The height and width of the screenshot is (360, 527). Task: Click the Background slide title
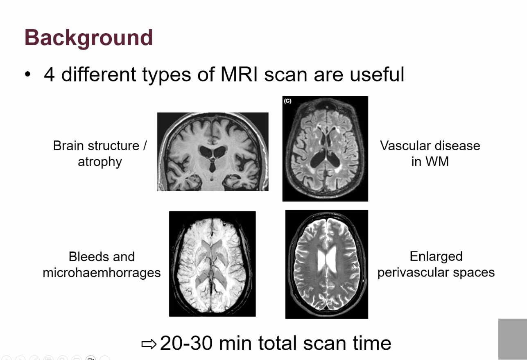(89, 38)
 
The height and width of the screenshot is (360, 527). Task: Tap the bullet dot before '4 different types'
(27, 75)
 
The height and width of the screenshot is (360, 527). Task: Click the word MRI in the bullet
(239, 74)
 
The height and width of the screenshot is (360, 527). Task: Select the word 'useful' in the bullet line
(377, 74)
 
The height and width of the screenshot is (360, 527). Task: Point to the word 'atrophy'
(100, 162)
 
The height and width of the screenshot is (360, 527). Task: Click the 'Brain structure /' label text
(100, 146)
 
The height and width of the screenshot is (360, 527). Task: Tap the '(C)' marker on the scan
(287, 101)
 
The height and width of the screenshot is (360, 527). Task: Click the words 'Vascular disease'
(430, 146)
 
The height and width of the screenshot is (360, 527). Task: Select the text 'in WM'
(430, 162)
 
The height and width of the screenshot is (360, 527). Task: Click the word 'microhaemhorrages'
(102, 273)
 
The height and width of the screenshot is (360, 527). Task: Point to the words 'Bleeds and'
(102, 256)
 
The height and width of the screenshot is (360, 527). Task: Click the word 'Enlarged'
(436, 256)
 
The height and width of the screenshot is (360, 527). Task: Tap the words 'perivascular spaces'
(436, 273)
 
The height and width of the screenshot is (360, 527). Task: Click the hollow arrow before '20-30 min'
(149, 344)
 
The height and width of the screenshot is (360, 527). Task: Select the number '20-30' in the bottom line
(186, 343)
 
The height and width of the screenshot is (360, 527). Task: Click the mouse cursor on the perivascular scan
(355, 267)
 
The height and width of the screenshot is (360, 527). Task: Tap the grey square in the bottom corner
(513, 339)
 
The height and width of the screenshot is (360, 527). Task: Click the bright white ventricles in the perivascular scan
(327, 260)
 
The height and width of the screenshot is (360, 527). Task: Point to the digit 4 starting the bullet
(50, 75)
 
